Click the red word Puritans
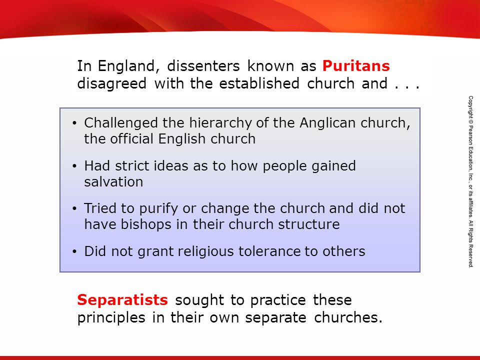point(356,66)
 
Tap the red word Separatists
point(122,299)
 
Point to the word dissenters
point(203,66)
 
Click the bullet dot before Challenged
point(74,123)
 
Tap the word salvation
point(113,182)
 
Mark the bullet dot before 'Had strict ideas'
point(74,166)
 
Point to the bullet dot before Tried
point(74,209)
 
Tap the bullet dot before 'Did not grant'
point(74,251)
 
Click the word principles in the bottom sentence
point(111,318)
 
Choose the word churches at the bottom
point(348,317)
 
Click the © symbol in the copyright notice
point(470,121)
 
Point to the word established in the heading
point(259,83)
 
